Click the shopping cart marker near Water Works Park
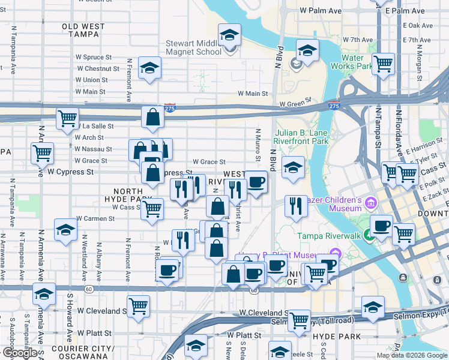[383, 62]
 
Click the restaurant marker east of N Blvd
[295, 206]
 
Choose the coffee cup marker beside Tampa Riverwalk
[381, 226]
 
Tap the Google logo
[19, 353]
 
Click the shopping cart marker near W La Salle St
[67, 118]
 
